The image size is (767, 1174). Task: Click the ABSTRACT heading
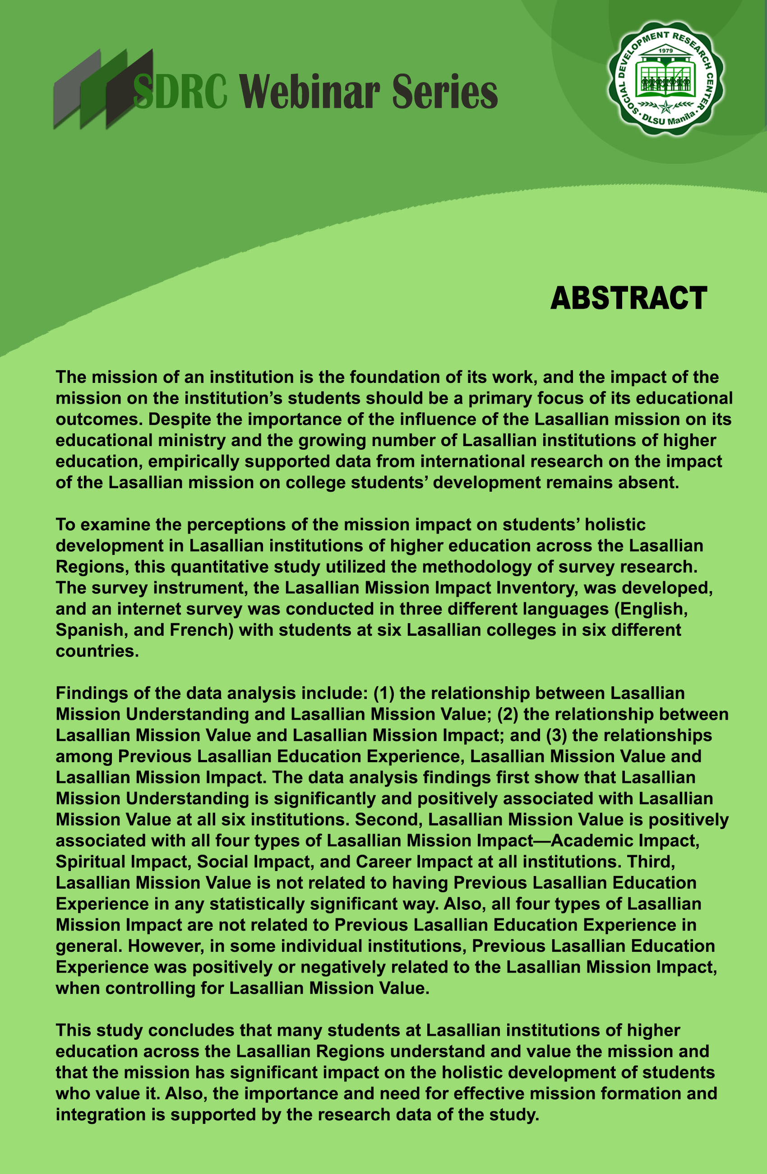tap(628, 298)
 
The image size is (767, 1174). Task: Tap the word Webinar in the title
tap(310, 92)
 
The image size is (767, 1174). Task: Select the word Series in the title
tap(444, 92)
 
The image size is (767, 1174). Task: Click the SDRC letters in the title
tap(180, 92)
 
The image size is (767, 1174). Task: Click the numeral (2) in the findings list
tap(507, 714)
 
